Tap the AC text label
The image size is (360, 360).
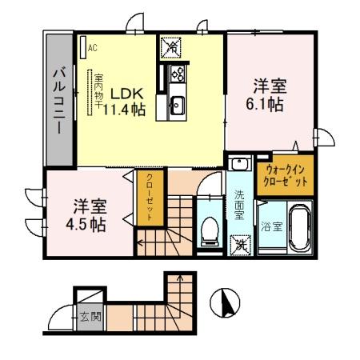point(93,47)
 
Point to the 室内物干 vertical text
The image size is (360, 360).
point(97,94)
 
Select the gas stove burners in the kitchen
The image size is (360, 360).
point(177,76)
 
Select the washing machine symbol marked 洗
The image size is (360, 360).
point(239,245)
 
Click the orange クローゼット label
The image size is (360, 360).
point(150,196)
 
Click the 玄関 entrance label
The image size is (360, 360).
point(90,316)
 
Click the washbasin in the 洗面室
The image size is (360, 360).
point(238,165)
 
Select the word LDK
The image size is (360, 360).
point(123,91)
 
